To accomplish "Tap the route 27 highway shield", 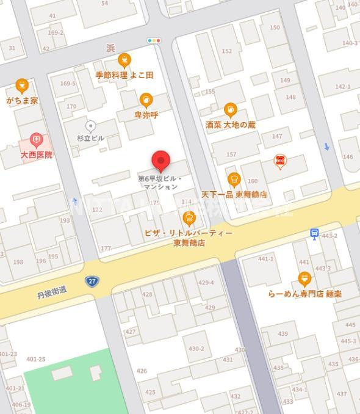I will click(92, 281).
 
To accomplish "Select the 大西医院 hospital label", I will click(36, 155).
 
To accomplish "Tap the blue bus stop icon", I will click(314, 233).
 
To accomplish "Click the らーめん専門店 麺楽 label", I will click(304, 294).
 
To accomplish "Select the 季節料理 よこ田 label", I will click(124, 75).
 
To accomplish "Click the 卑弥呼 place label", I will click(146, 114).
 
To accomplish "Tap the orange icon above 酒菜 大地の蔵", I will click(230, 110).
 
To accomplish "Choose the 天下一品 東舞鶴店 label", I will click(234, 194).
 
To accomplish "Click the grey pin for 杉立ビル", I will click(90, 126).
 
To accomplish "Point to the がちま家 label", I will click(22, 100).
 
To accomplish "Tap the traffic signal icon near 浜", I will click(154, 41).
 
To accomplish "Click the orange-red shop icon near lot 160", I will click(280, 161).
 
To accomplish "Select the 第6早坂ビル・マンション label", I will click(160, 182).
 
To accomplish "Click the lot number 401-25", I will click(36, 360).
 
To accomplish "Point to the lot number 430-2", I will click(196, 349).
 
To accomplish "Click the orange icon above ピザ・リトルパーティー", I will click(189, 218).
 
